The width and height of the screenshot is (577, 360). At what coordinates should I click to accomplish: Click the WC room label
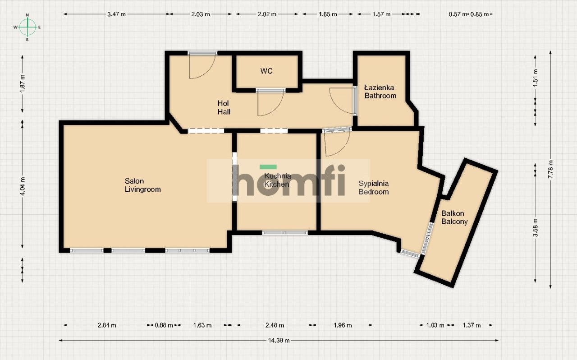click(266, 71)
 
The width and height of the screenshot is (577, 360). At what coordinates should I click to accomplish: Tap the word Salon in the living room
click(134, 181)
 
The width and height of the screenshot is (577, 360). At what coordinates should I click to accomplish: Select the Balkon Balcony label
click(454, 217)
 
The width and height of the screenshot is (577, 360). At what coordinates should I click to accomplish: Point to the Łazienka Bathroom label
click(380, 92)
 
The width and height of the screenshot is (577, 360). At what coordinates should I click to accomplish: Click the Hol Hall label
click(224, 107)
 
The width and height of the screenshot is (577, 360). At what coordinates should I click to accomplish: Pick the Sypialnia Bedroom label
click(374, 188)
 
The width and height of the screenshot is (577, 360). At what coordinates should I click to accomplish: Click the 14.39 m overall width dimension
click(279, 341)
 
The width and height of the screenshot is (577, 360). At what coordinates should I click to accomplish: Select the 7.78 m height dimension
click(550, 169)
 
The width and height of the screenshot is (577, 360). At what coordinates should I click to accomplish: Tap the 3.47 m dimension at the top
click(116, 14)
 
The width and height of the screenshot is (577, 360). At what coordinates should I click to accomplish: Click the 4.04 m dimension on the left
click(23, 186)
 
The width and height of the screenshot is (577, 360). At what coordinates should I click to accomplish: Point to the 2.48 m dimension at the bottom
click(275, 325)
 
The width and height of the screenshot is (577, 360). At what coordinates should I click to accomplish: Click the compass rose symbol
click(27, 27)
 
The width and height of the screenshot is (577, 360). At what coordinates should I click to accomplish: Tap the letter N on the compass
click(27, 15)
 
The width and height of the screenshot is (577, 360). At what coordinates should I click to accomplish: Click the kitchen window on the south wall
click(285, 233)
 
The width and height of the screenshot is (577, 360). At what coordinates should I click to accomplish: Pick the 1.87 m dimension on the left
click(23, 84)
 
